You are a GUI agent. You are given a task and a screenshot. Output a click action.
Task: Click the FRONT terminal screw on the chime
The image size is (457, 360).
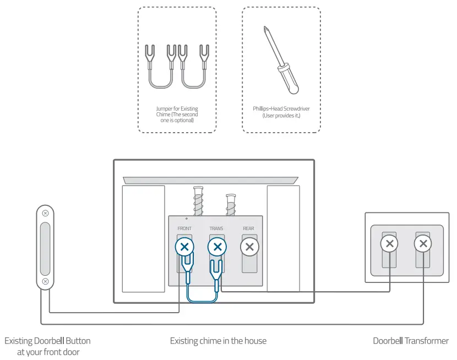click(184, 247)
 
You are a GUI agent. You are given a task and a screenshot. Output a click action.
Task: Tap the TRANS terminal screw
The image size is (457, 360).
click(217, 247)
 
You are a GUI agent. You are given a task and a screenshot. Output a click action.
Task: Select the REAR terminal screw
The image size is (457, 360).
click(249, 247)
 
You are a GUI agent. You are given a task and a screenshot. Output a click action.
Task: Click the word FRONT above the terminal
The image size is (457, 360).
click(184, 228)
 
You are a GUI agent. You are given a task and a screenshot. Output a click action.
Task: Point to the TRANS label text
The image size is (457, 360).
click(216, 228)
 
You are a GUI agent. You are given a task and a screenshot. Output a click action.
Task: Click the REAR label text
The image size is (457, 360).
click(249, 228)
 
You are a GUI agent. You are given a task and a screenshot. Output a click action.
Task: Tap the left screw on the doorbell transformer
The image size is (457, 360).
click(389, 243)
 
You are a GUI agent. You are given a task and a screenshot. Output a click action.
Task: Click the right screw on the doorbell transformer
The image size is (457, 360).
click(422, 243)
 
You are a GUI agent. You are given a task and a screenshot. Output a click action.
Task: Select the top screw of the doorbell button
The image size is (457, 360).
click(45, 213)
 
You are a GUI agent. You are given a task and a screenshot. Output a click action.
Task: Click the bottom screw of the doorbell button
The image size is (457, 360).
click(45, 281)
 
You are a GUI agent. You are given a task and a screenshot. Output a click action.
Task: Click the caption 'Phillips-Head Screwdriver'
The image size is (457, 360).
click(278, 109)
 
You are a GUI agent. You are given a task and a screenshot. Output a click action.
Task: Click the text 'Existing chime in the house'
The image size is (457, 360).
click(218, 341)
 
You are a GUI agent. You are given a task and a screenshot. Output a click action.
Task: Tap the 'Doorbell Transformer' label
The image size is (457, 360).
click(411, 341)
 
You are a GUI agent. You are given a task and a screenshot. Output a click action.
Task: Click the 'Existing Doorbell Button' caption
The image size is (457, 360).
click(47, 341)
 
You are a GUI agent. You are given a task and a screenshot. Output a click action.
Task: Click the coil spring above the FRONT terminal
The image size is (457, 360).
click(198, 200)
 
